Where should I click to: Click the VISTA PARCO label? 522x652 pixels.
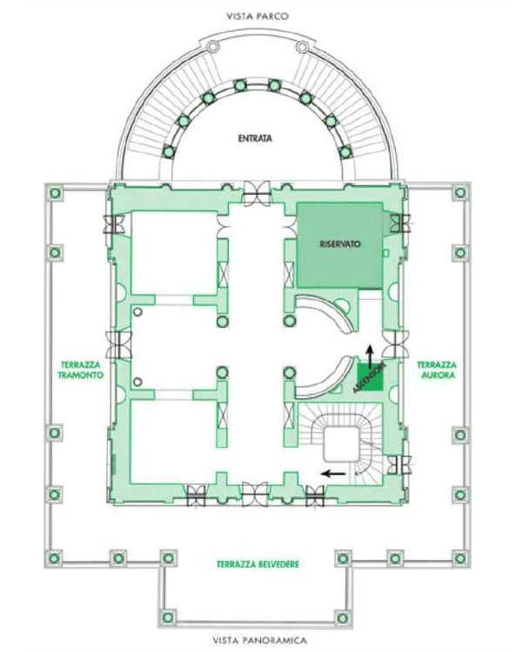coord(258,17)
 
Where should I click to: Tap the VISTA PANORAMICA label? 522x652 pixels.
coord(260,640)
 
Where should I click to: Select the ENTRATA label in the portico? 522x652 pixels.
coord(255,138)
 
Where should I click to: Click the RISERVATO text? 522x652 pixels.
coord(340,243)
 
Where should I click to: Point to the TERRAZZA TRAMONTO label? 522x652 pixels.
coord(81,369)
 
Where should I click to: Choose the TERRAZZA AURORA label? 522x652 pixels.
coord(437,369)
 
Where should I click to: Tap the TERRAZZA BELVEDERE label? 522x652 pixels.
coord(258,564)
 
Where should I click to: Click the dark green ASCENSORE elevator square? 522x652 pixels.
coord(370,377)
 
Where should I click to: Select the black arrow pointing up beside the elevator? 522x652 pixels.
coord(369,355)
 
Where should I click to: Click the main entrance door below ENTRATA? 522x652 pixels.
coord(257,193)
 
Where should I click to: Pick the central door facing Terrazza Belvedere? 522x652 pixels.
coord(255,494)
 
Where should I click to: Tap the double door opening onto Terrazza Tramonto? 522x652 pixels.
coord(118,345)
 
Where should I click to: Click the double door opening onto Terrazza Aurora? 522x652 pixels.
coord(396,345)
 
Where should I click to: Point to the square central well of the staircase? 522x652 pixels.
coord(341,444)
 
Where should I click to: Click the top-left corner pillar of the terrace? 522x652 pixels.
coord(56,193)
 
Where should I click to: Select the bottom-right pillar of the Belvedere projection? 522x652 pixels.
coord(343,618)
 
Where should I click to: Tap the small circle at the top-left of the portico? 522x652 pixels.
coord(213,46)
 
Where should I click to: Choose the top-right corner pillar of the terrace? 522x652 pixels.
coord(460,192)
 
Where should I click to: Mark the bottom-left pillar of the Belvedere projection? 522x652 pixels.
coord(168,617)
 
